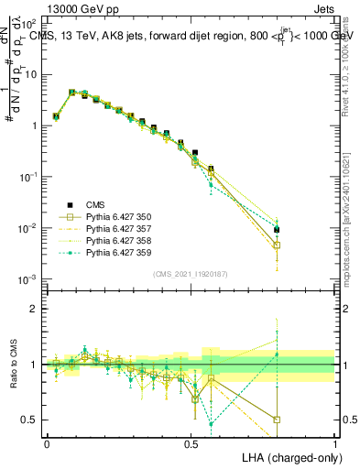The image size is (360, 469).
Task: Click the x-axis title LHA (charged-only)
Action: (x=289, y=456)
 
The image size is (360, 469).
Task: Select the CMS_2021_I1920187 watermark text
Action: (x=191, y=274)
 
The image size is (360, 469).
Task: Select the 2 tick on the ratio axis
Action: (x=35, y=309)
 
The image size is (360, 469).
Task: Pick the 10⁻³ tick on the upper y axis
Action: (x=28, y=278)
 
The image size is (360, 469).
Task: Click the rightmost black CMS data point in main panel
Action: (x=277, y=230)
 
